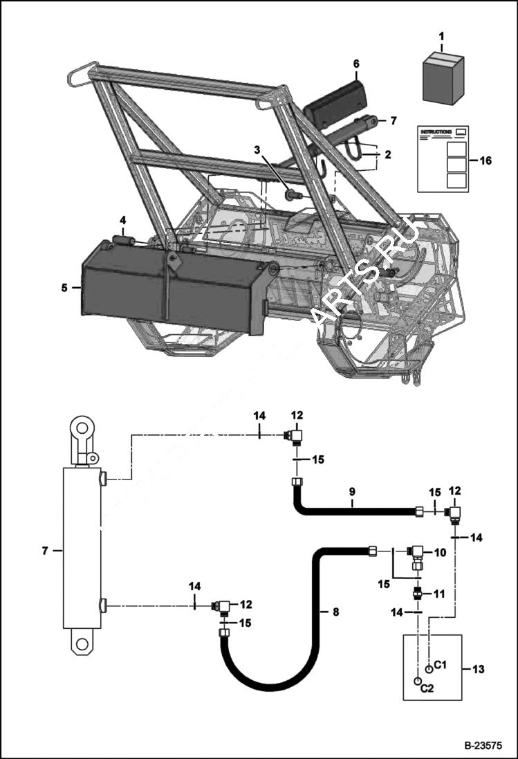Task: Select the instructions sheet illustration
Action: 443,158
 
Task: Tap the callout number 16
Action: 485,159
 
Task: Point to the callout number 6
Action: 356,64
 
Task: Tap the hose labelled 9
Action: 353,511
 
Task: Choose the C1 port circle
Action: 429,668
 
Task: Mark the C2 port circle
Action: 418,682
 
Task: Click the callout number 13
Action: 478,669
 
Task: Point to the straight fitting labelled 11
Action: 418,593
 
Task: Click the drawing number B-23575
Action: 481,746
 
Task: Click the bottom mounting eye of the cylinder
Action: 82,643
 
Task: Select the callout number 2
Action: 388,155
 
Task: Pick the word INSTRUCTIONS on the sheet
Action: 436,131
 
